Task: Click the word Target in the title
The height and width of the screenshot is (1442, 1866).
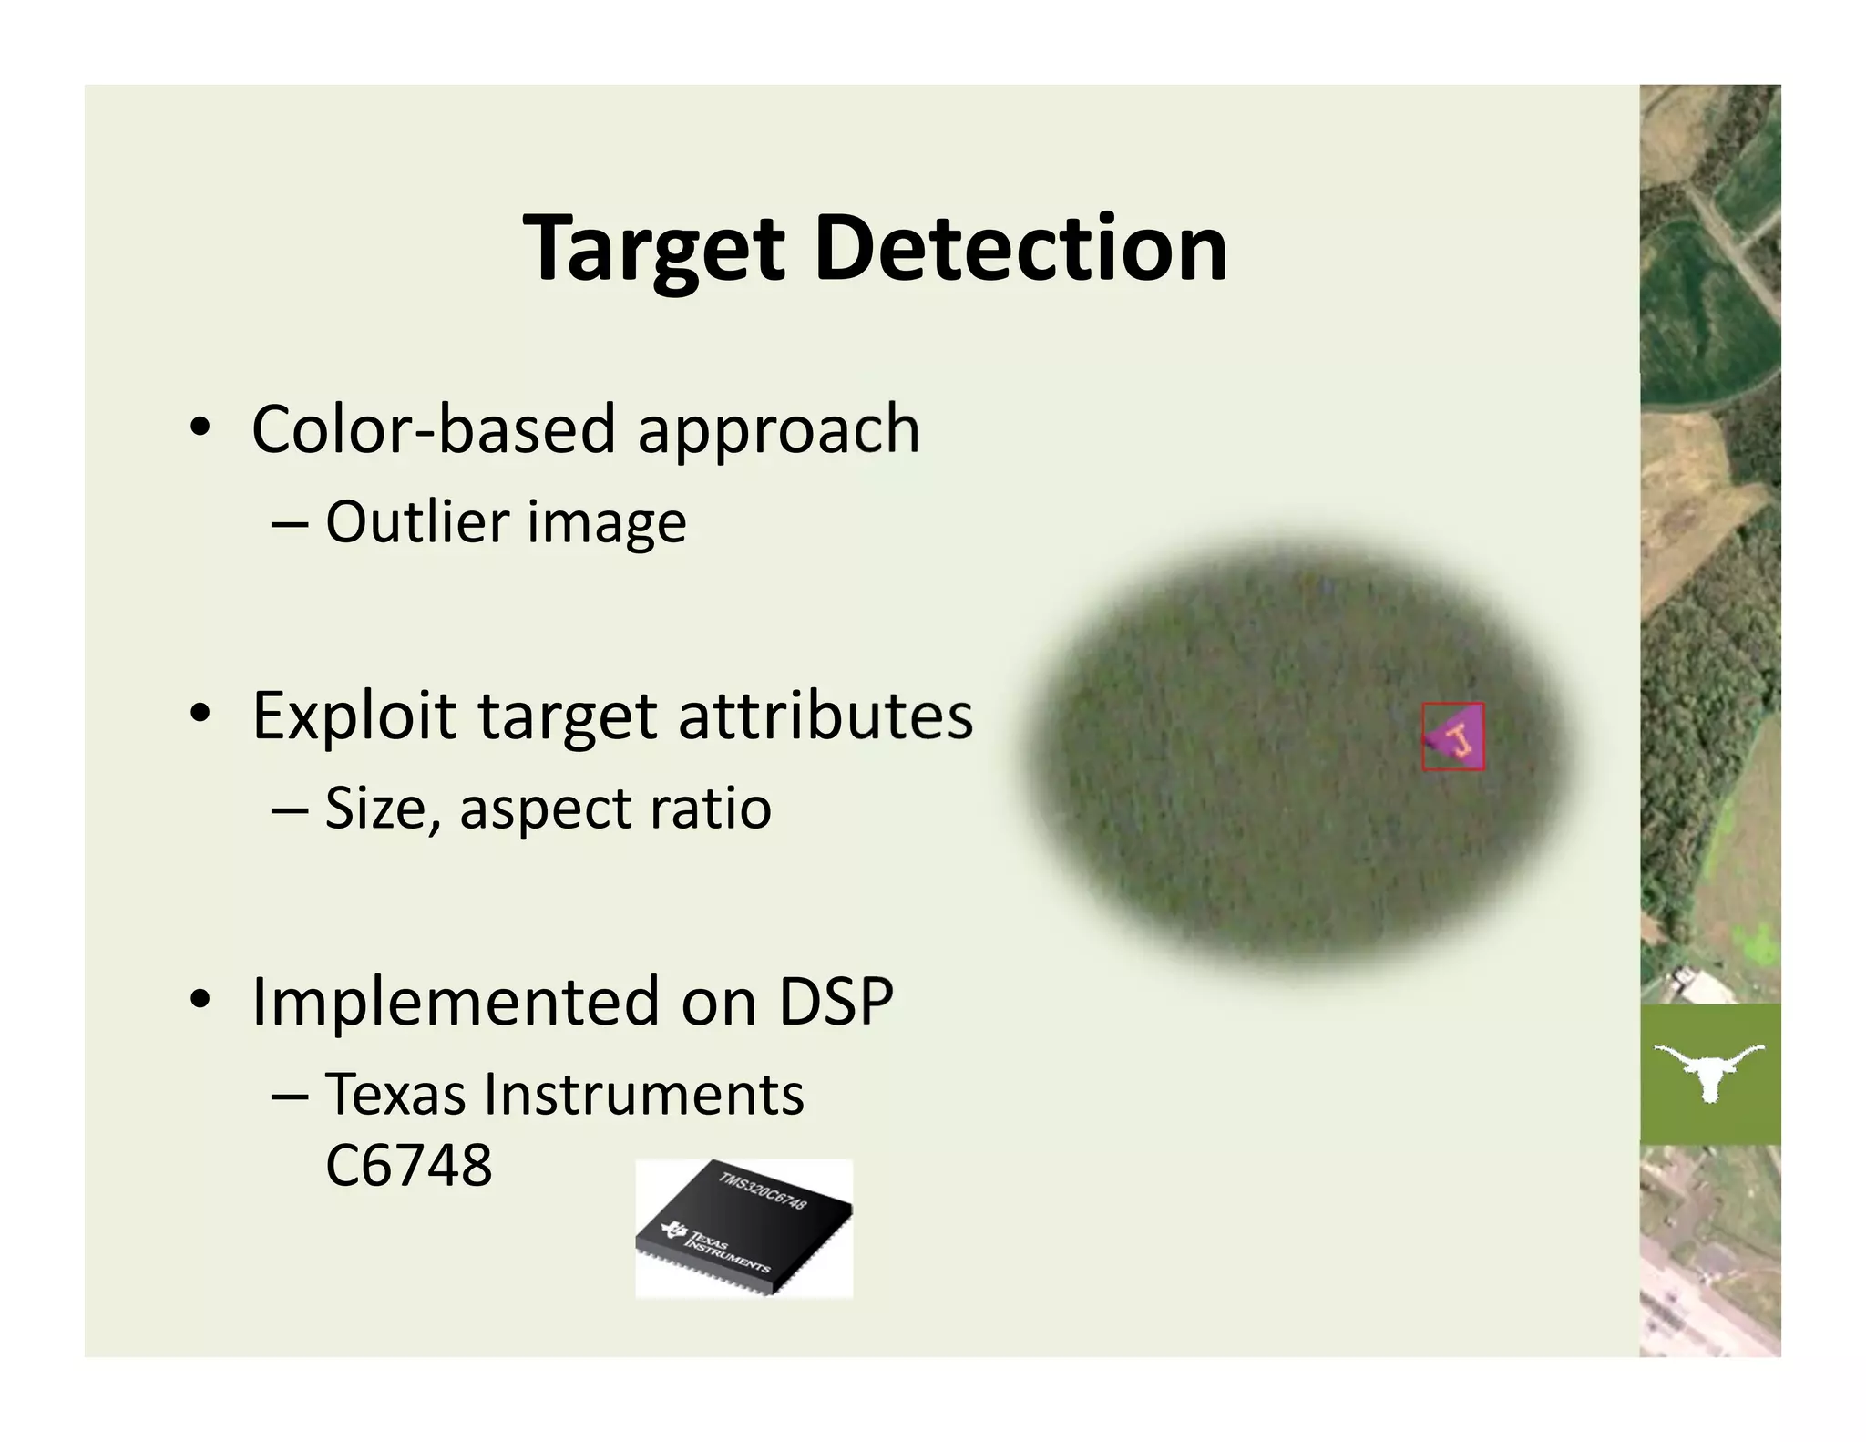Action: pyautogui.click(x=653, y=249)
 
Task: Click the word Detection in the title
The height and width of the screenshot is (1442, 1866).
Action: pyautogui.click(x=1020, y=249)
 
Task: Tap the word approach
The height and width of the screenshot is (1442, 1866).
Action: pyautogui.click(x=778, y=430)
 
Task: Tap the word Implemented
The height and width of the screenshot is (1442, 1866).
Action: pyautogui.click(x=455, y=1001)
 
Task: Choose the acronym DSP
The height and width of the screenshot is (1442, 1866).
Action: pyautogui.click(x=835, y=1001)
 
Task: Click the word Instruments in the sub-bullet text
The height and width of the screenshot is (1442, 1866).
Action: pyautogui.click(x=643, y=1094)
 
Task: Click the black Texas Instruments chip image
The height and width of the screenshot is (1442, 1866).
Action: pyautogui.click(x=743, y=1228)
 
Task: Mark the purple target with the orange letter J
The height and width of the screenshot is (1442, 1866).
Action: pyautogui.click(x=1454, y=736)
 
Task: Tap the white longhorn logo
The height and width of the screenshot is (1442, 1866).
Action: pyautogui.click(x=1709, y=1072)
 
